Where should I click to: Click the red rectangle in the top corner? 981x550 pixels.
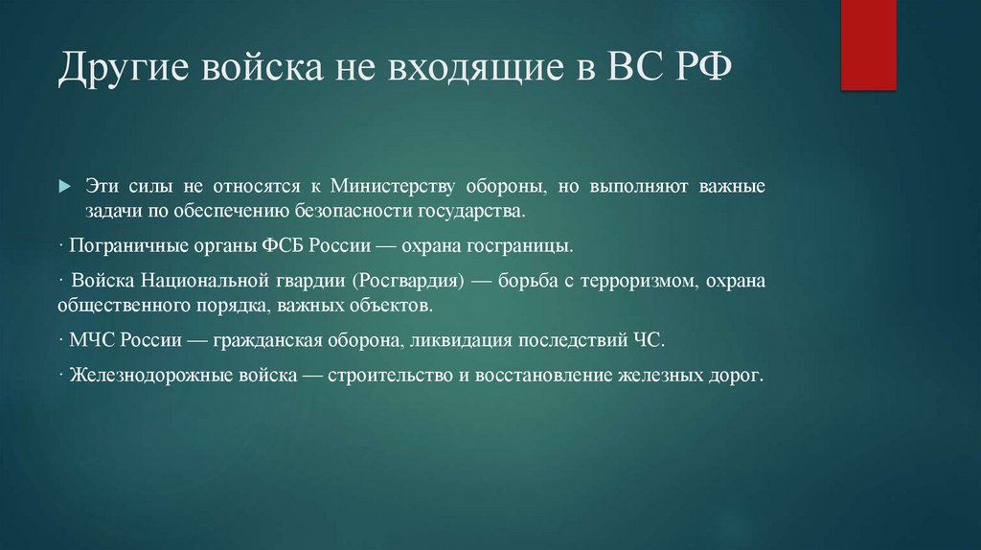coord(868,44)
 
